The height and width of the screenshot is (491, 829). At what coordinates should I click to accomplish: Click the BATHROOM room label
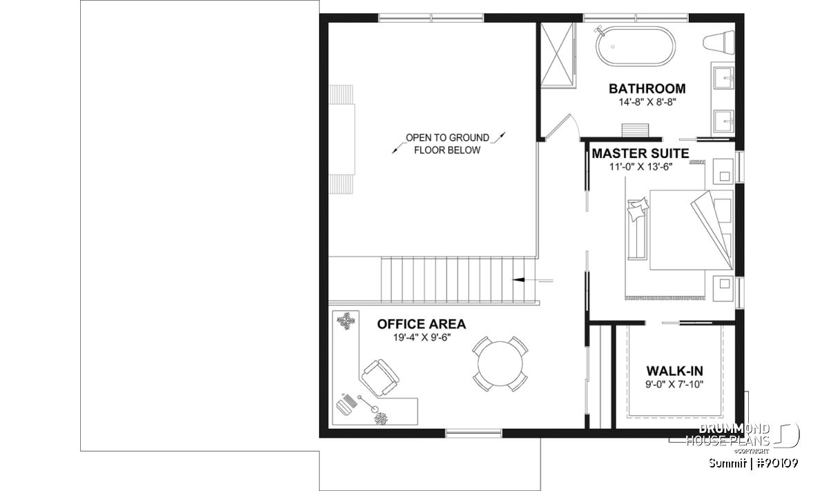coord(647,89)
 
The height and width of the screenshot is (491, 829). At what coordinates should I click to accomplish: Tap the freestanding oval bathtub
coord(635,47)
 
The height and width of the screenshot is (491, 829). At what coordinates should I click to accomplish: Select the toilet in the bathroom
coord(718,42)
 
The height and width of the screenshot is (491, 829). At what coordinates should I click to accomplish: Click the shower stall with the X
coord(558,55)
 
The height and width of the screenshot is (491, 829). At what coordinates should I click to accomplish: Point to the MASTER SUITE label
coord(640,153)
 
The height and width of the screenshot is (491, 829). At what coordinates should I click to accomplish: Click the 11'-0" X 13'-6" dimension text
coord(641,167)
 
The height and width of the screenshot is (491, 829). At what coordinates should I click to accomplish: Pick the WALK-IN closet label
coord(675,371)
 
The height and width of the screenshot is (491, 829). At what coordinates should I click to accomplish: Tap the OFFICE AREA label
coord(421,324)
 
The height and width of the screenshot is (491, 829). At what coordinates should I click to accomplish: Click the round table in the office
coord(500,363)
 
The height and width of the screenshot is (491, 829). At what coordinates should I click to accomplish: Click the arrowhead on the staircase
coord(518,280)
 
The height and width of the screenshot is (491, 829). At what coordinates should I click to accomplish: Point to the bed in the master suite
coord(692,230)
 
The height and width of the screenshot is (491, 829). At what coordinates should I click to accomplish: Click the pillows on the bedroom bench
coord(638,210)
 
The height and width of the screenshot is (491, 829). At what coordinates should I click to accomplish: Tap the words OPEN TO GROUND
coord(448,137)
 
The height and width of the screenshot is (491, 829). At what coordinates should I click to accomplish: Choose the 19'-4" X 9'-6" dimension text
coord(421,338)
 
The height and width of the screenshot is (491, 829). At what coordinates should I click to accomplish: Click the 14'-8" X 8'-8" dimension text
coord(647,102)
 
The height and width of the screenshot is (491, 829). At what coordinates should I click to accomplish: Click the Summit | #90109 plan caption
coord(754,463)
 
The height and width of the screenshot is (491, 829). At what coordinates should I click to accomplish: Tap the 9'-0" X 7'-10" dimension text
coord(674,385)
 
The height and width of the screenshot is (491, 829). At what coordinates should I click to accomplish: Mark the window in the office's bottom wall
coord(473,433)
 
